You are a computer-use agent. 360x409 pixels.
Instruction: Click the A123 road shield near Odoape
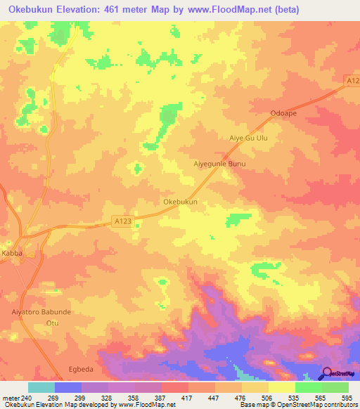353,82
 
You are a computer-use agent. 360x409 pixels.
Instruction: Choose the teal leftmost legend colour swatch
41,387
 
